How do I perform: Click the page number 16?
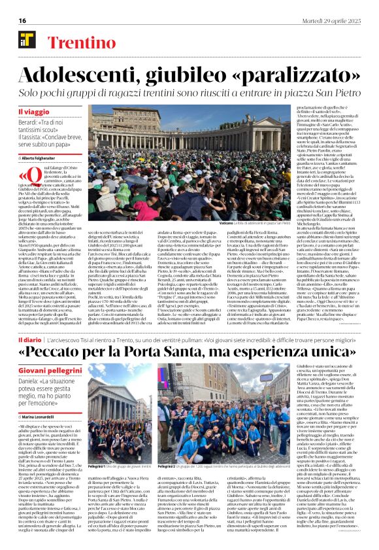pyautogui.click(x=13, y=21)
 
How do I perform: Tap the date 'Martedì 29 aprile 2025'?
pyautogui.click(x=340, y=21)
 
